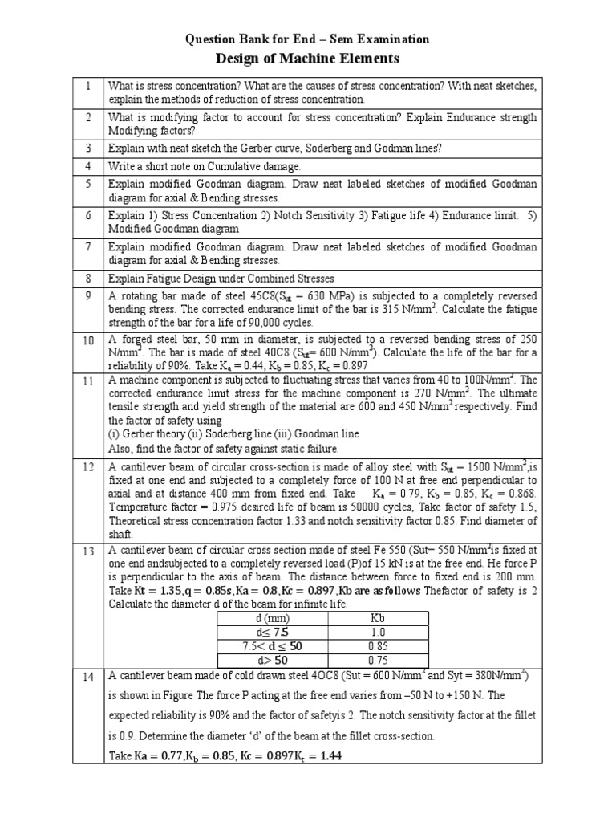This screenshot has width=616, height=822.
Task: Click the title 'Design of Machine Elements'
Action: click(308, 59)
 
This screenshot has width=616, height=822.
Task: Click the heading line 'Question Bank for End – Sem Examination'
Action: click(308, 39)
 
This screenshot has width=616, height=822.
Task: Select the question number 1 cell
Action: click(88, 86)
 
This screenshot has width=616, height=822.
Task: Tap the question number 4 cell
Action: click(88, 166)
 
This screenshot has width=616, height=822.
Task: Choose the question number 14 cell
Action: click(88, 678)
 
